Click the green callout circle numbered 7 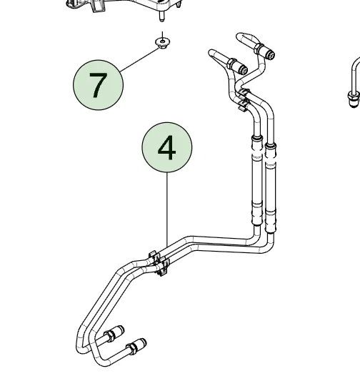(x=99, y=85)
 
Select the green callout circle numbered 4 (x=167, y=147)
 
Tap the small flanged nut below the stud (x=163, y=43)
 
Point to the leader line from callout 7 (x=140, y=60)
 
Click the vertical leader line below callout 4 (x=167, y=209)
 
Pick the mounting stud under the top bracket (x=161, y=16)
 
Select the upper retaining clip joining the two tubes (x=244, y=99)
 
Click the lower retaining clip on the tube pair (x=159, y=263)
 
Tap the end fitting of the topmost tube (x=265, y=51)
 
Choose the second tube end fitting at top (x=238, y=66)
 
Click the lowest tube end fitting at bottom (x=136, y=345)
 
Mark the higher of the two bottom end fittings (x=114, y=332)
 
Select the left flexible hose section (x=257, y=180)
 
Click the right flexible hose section (x=271, y=188)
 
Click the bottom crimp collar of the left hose (x=257, y=213)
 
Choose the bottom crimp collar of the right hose (x=271, y=221)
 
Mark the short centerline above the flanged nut (x=163, y=36)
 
